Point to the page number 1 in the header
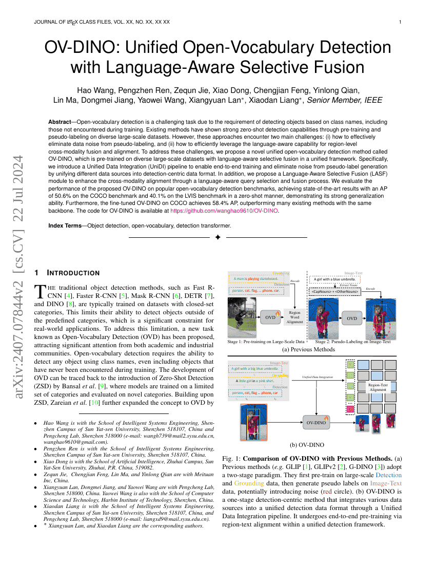[400, 22]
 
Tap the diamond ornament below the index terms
[217, 237]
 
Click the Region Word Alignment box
[295, 317]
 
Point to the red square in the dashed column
[351, 409]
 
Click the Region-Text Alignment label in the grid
[378, 387]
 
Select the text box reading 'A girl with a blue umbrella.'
[335, 280]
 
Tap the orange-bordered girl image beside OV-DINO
[253, 422]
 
